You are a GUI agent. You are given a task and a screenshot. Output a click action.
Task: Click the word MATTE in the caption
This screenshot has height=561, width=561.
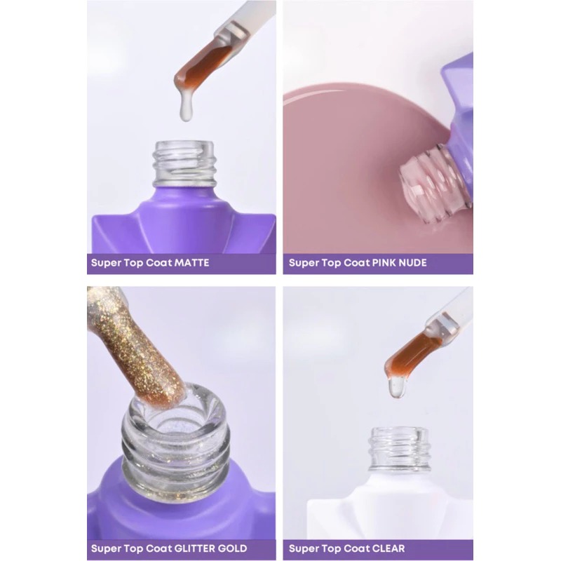click(x=191, y=263)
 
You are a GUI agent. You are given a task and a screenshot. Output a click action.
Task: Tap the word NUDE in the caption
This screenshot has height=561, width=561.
click(x=412, y=263)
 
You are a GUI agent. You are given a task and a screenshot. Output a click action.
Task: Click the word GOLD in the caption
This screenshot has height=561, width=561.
click(x=233, y=548)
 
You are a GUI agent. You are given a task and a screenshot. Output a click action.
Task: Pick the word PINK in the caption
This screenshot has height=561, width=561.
click(x=384, y=263)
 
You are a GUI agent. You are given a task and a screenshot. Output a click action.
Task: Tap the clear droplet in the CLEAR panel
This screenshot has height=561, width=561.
click(x=397, y=388)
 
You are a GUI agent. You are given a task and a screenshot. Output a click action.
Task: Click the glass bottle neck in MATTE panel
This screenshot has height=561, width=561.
click(x=184, y=164)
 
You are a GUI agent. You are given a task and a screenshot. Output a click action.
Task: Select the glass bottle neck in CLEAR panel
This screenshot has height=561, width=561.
click(x=400, y=448)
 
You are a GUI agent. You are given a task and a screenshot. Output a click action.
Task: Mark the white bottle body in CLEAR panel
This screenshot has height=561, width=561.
click(x=390, y=504)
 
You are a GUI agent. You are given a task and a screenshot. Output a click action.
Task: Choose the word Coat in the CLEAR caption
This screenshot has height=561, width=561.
click(x=357, y=548)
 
